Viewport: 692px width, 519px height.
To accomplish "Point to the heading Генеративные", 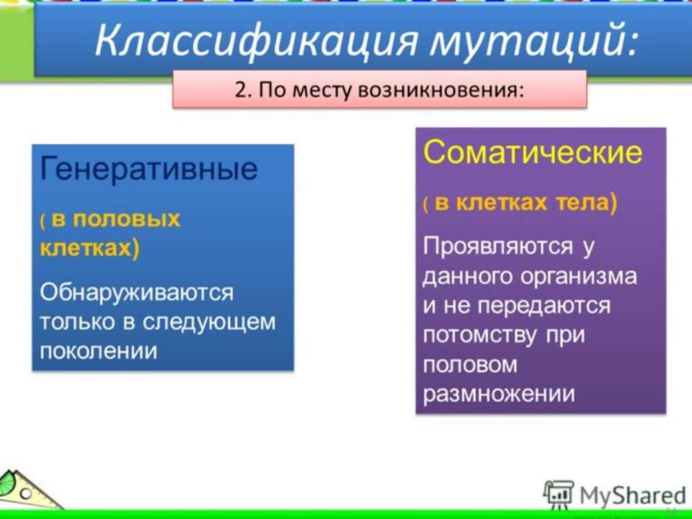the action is click(x=148, y=169).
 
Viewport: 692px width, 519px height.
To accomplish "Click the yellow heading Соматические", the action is click(x=533, y=152).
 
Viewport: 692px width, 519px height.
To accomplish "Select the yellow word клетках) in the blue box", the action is click(x=89, y=249).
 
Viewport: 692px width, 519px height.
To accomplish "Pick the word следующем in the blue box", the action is click(x=209, y=323).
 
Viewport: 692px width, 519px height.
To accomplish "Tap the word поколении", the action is click(x=99, y=351).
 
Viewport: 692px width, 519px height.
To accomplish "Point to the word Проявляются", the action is click(x=497, y=247).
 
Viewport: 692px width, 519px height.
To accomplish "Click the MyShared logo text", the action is click(x=632, y=495).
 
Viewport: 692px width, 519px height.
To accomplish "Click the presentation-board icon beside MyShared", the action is click(x=559, y=494).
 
